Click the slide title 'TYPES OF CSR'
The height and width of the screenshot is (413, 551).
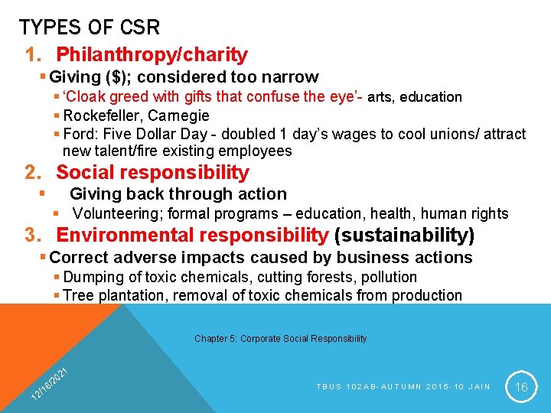click(x=90, y=28)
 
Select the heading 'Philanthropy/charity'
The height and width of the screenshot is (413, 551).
click(x=152, y=55)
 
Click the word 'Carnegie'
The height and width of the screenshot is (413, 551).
click(x=178, y=116)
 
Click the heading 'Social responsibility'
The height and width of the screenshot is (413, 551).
click(x=152, y=173)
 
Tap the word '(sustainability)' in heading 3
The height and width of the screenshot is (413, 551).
click(x=404, y=235)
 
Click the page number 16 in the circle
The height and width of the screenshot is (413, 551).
click(x=522, y=388)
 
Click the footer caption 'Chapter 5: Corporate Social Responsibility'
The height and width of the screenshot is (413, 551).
click(x=280, y=338)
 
